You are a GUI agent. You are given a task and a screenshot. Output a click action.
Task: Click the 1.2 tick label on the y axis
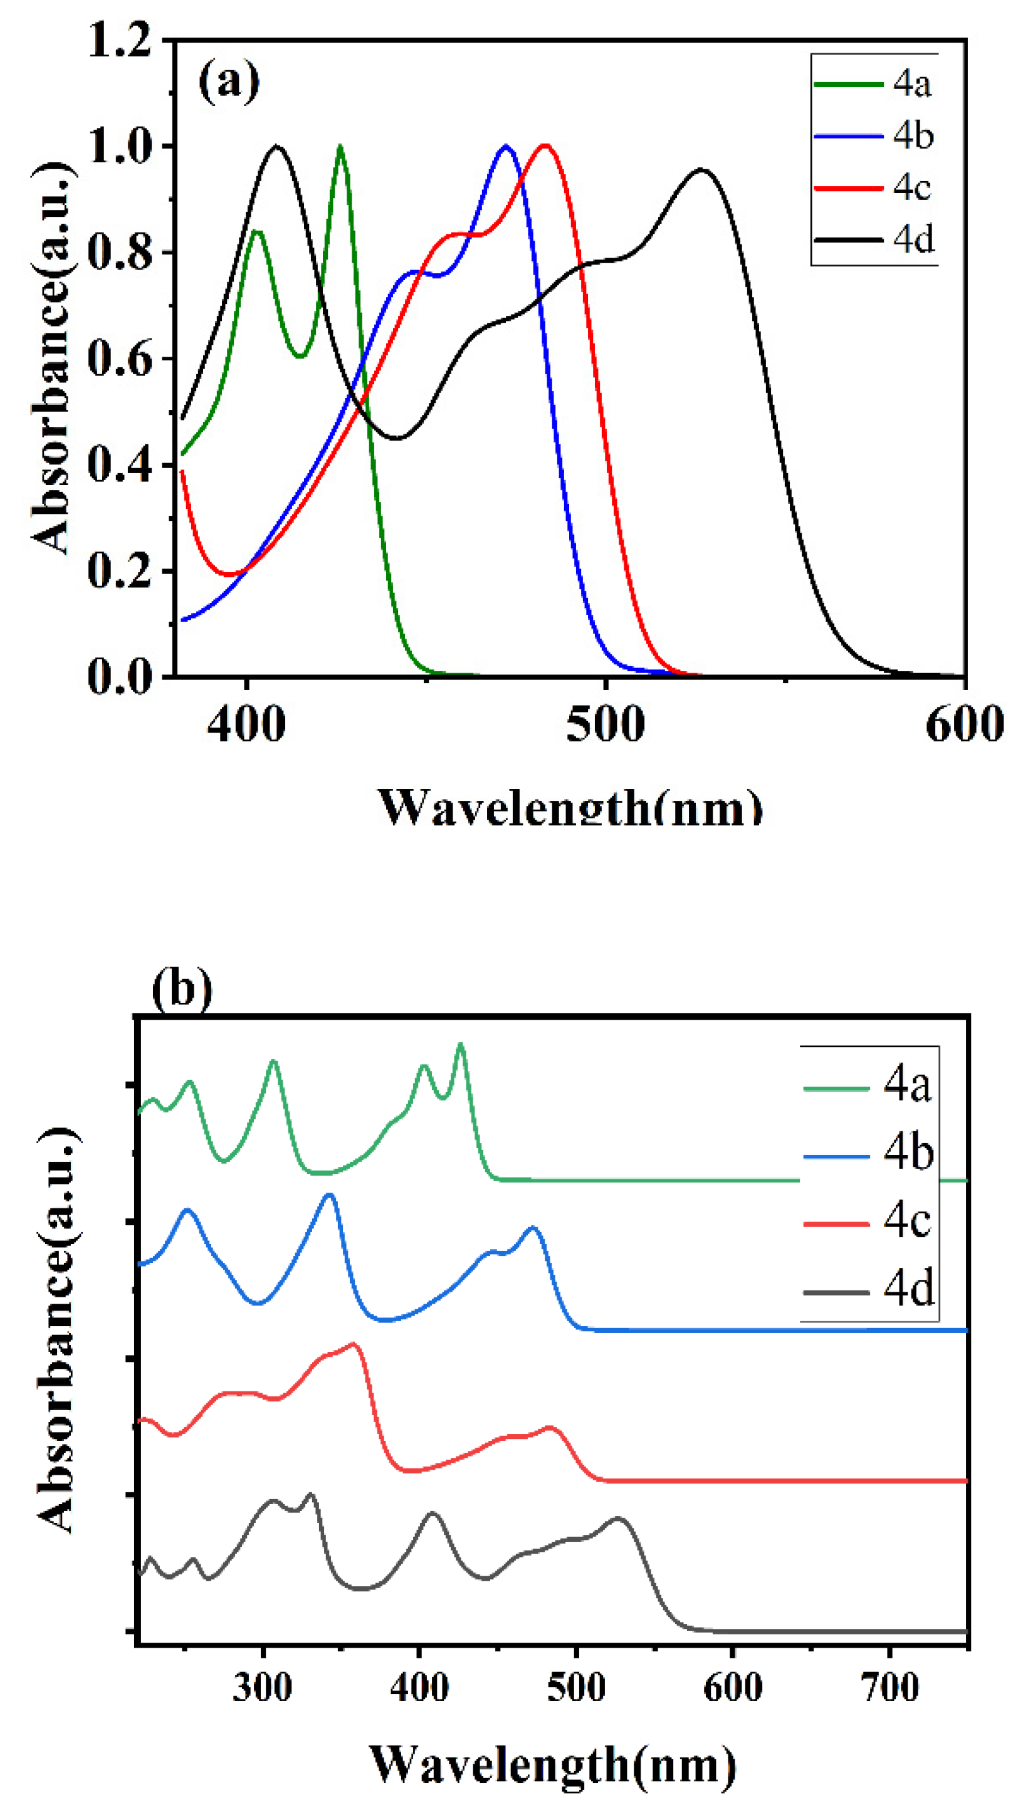tap(120, 40)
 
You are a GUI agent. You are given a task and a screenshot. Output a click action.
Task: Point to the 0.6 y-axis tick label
tap(120, 358)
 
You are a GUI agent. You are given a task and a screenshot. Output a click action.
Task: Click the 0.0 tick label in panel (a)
tap(120, 676)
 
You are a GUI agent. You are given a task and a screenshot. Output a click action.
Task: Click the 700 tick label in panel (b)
tap(889, 1688)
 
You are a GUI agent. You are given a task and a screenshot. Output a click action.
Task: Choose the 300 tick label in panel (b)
tap(262, 1688)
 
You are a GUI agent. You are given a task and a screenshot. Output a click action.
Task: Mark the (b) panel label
tap(181, 989)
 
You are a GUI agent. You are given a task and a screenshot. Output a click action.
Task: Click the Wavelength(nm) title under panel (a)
tap(570, 808)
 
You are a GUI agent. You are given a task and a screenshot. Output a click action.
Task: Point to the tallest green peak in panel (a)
tap(340, 147)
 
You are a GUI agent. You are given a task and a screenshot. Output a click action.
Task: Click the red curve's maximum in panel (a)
tap(546, 146)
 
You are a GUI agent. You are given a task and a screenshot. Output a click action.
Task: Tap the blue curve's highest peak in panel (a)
tap(506, 147)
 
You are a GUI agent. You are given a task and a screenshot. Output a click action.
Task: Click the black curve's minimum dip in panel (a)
tap(398, 439)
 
